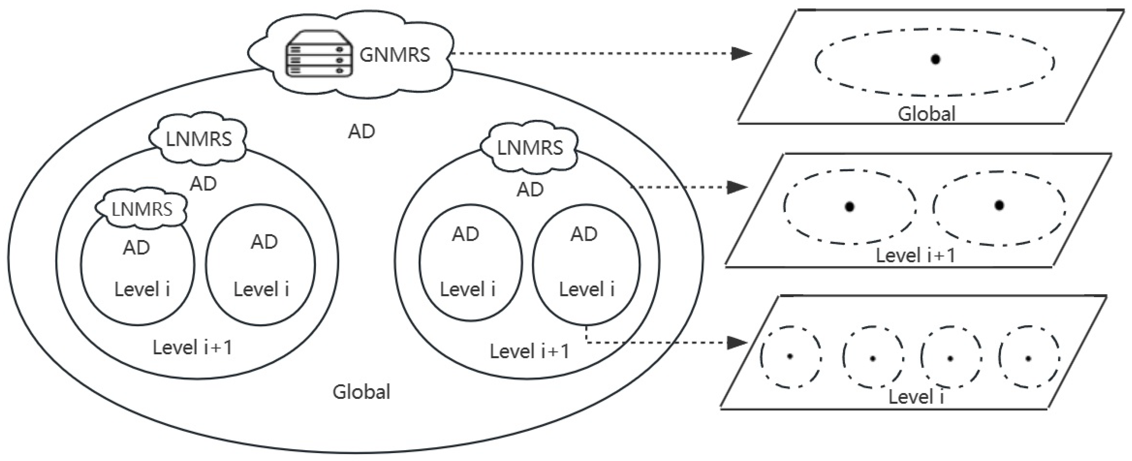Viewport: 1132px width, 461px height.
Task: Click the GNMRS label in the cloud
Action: point(394,55)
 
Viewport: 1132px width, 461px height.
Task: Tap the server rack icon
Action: point(319,54)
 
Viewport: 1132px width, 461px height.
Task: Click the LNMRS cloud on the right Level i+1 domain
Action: point(530,148)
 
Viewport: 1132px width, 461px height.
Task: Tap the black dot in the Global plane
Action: point(935,59)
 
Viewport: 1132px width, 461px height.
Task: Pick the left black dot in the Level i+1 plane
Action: point(850,207)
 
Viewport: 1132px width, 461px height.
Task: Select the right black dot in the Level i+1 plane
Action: point(999,205)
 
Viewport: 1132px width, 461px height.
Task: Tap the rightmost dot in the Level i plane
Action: point(1028,359)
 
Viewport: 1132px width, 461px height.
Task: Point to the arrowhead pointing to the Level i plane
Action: point(737,342)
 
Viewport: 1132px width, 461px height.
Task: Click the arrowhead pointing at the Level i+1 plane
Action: point(737,188)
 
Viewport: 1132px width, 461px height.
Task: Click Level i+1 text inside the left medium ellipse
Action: point(192,347)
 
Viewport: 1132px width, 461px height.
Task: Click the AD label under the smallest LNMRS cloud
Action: point(136,248)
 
